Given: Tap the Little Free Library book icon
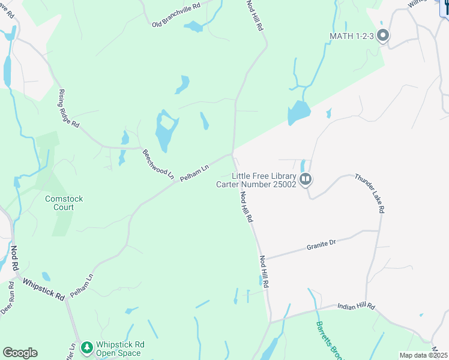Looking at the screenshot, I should point(306,179).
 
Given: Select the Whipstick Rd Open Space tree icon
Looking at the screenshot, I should point(86,347).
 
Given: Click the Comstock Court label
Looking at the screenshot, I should point(64,203).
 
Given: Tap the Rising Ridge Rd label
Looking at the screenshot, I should point(68,108).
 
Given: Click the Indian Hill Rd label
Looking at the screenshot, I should point(355,307).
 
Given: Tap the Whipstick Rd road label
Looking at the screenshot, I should point(43,289).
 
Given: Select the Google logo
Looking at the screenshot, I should point(20,353).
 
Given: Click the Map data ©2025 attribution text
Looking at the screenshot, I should point(423,355).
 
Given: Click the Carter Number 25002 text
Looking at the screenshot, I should point(256,184).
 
